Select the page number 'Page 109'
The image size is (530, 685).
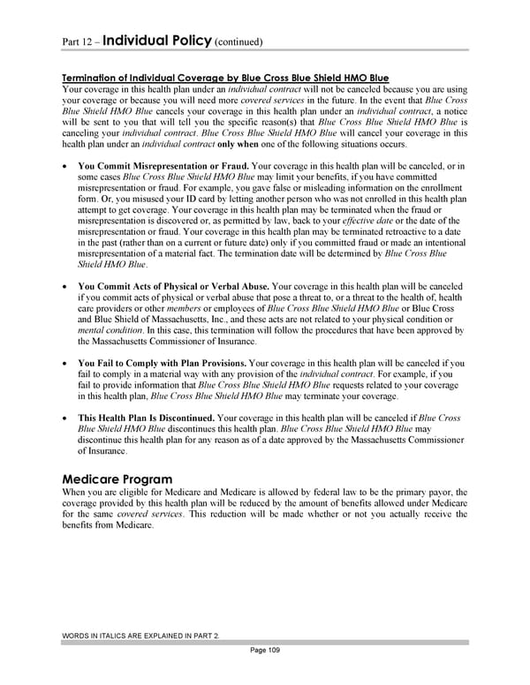coord(265,650)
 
